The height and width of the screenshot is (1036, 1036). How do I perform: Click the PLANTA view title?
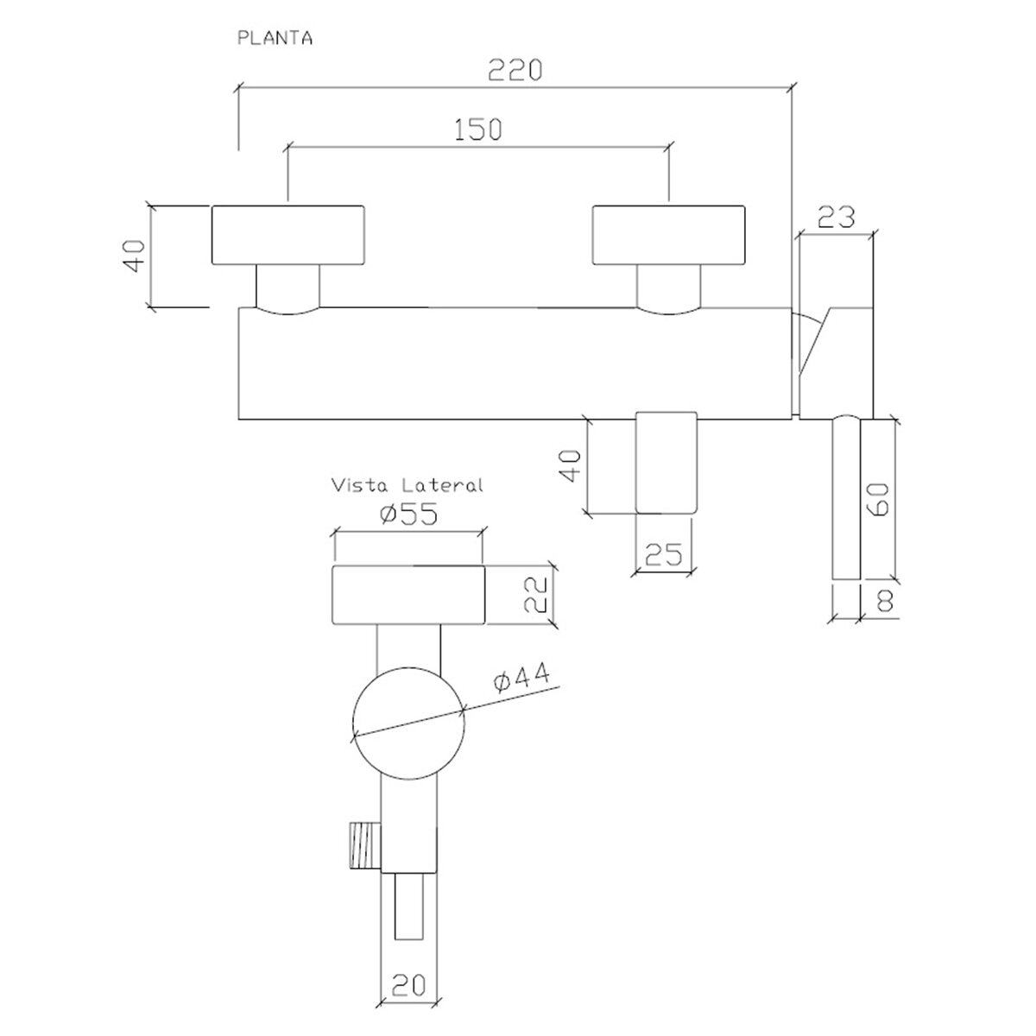275,39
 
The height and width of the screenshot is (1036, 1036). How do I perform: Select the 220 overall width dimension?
515,70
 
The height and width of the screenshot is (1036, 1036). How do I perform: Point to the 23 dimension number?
836,218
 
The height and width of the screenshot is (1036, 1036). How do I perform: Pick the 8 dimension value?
884,601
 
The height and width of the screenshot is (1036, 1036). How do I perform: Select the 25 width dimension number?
663,554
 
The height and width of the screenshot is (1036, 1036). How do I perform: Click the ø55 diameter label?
408,515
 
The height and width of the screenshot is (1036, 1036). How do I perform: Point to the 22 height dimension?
536,594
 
